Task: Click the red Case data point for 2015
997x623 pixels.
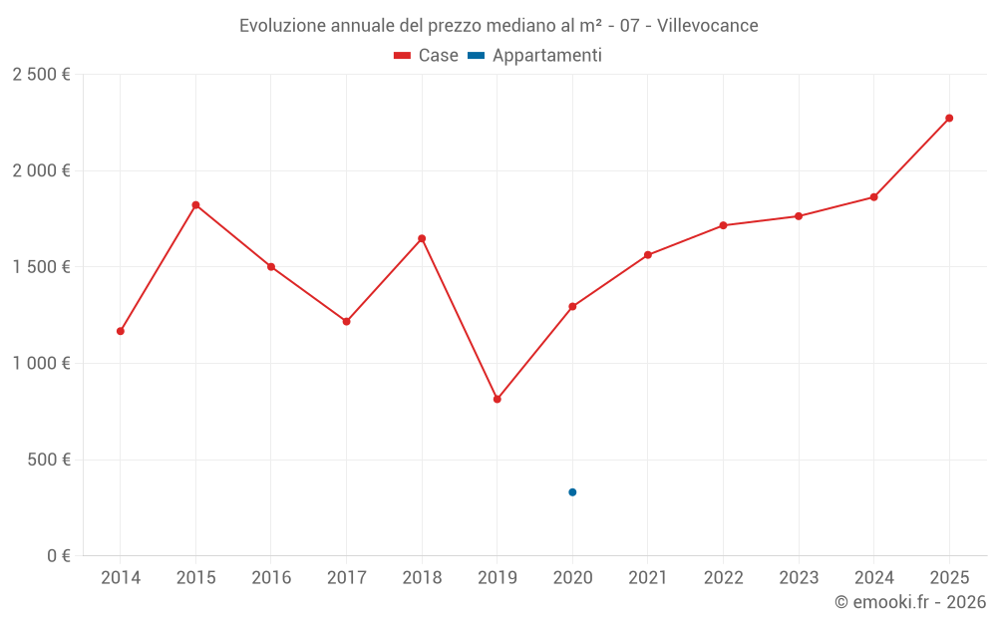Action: pos(195,205)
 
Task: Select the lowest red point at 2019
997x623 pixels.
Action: pos(498,399)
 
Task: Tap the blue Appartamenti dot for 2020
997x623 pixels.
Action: pos(572,492)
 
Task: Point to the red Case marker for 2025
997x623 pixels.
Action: pos(949,119)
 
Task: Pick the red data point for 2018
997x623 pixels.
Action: pos(422,238)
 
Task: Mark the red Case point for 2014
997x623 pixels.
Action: pos(121,331)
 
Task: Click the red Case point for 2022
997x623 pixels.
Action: pos(723,225)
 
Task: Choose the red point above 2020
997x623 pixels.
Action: pos(572,307)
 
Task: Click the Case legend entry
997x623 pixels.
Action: pos(427,56)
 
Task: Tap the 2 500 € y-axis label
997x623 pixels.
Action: pos(41,75)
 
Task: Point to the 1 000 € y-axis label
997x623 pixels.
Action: pos(41,364)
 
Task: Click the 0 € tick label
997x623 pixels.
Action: pos(58,556)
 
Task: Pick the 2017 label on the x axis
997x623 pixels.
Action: pos(346,578)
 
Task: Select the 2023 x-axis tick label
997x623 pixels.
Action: pos(799,578)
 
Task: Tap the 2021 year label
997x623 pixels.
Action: pos(648,578)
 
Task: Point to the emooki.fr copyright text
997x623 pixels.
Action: pos(910,602)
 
